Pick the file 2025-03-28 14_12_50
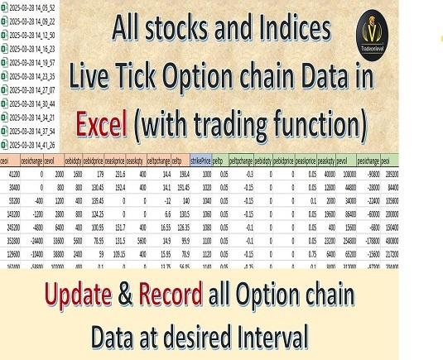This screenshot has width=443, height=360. click(32, 36)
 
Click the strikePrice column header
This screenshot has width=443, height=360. click(201, 161)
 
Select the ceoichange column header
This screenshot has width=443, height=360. click(31, 161)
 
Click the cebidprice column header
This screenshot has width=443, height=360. click(96, 161)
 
